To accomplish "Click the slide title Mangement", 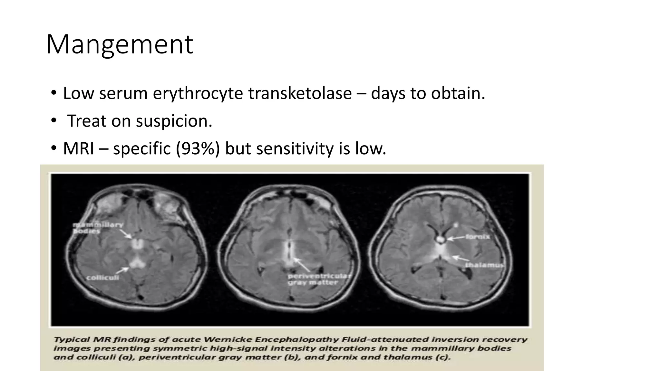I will (x=120, y=44).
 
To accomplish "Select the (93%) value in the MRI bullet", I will (x=198, y=149).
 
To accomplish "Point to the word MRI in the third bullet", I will (x=79, y=149).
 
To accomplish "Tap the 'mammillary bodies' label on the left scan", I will (x=97, y=228).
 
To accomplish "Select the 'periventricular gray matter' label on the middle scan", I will (x=319, y=279).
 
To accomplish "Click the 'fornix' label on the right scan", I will (x=478, y=237).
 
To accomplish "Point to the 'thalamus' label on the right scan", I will (x=484, y=265).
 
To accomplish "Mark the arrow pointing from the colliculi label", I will (x=122, y=270).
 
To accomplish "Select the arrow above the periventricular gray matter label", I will (x=302, y=264).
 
